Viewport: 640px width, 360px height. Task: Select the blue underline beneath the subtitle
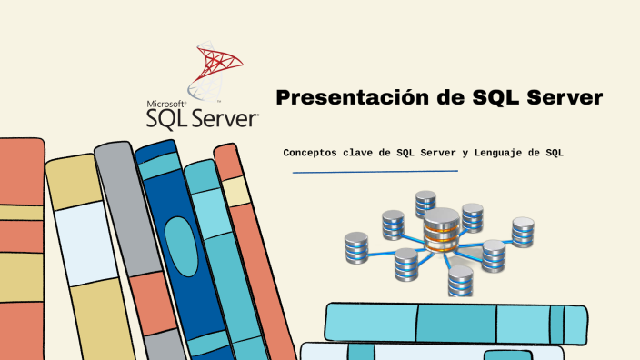pos(375,171)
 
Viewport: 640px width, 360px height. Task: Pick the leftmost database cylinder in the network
pos(356,246)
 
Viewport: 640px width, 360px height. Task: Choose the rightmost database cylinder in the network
pos(523,232)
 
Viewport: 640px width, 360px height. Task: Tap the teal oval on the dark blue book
pos(180,245)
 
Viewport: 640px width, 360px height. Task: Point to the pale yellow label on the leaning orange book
pos(236,191)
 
